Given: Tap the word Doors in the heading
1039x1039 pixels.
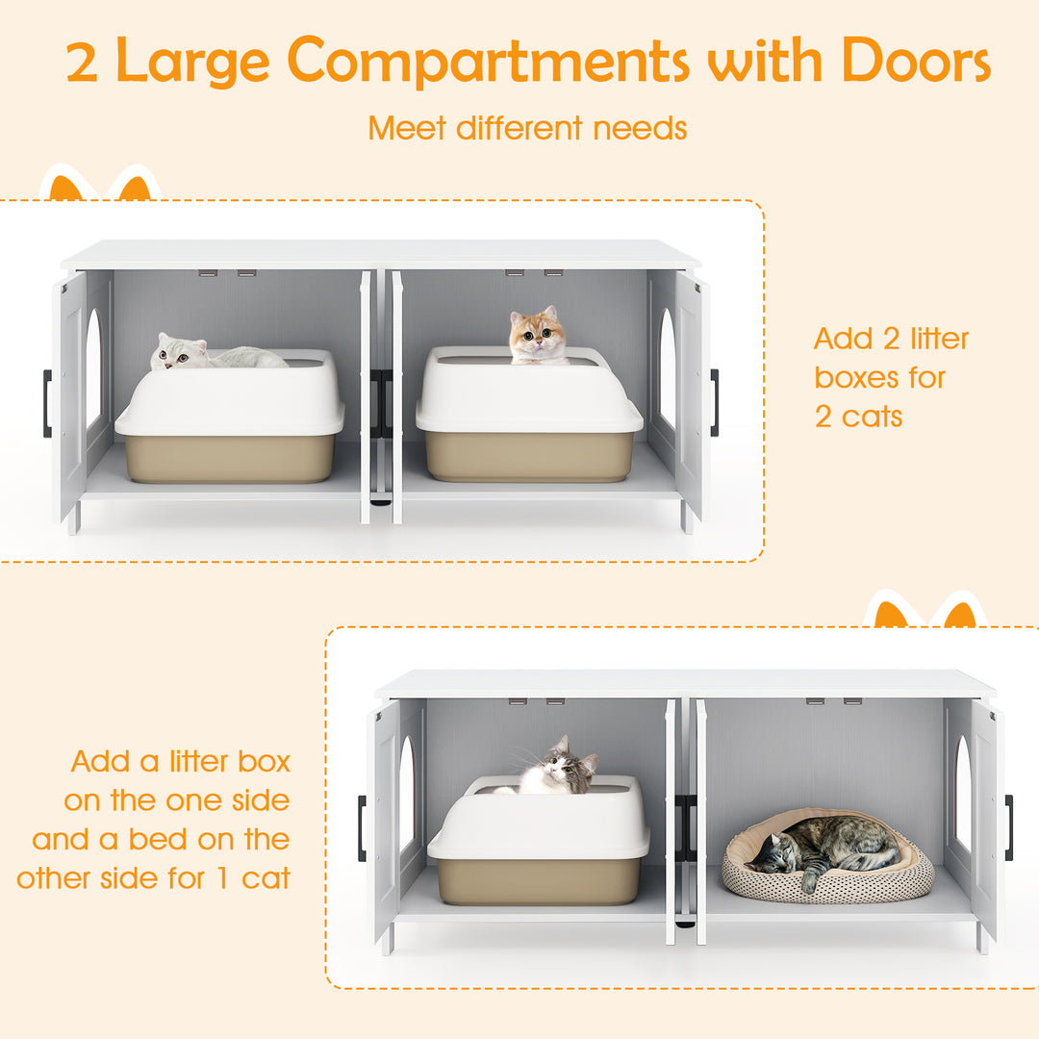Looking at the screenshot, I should tap(915, 62).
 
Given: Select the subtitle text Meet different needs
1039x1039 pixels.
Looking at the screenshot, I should tap(527, 128).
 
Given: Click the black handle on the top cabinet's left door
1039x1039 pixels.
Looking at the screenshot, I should tap(47, 404).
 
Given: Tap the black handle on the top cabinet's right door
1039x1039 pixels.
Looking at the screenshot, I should tap(715, 402).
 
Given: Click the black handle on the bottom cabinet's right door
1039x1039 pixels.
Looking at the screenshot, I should tap(1008, 827).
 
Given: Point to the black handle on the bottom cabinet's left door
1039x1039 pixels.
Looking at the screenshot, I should tap(362, 828).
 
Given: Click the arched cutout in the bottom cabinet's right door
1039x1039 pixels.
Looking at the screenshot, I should tap(963, 795).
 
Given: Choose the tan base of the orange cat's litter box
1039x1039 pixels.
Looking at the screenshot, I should tap(529, 456).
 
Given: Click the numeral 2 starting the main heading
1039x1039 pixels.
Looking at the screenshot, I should tap(83, 63).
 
